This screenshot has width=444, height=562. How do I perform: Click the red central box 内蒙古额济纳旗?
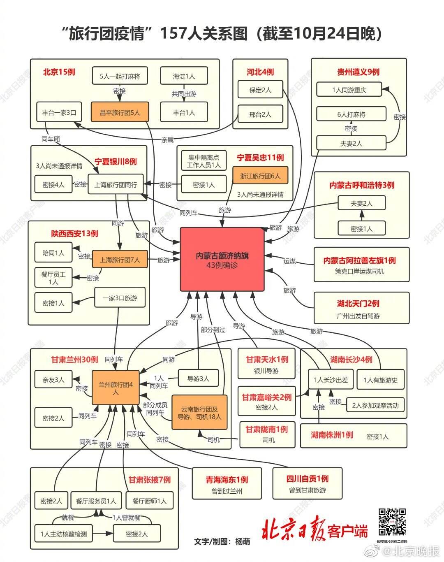(222, 259)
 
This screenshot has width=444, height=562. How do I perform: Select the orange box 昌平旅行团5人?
(120, 112)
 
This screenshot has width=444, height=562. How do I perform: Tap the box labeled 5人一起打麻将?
(120, 76)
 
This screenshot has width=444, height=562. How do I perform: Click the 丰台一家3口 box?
(59, 112)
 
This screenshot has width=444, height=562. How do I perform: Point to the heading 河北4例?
(260, 72)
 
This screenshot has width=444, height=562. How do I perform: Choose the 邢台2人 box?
(260, 114)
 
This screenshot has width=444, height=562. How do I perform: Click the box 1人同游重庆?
(349, 90)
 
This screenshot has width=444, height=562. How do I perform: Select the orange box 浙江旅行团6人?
(260, 175)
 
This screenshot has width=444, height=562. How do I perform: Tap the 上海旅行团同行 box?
(116, 184)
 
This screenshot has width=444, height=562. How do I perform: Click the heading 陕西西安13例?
(75, 233)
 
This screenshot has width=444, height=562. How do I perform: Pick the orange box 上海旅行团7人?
(120, 259)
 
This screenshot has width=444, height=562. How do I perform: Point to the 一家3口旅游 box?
(120, 297)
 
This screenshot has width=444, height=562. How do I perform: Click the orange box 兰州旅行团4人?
(116, 388)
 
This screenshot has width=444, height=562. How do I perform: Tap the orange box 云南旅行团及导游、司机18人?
(199, 412)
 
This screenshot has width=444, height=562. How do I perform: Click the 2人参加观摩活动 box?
(375, 405)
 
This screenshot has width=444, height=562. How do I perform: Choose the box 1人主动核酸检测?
(63, 534)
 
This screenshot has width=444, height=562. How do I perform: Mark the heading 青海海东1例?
(227, 479)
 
